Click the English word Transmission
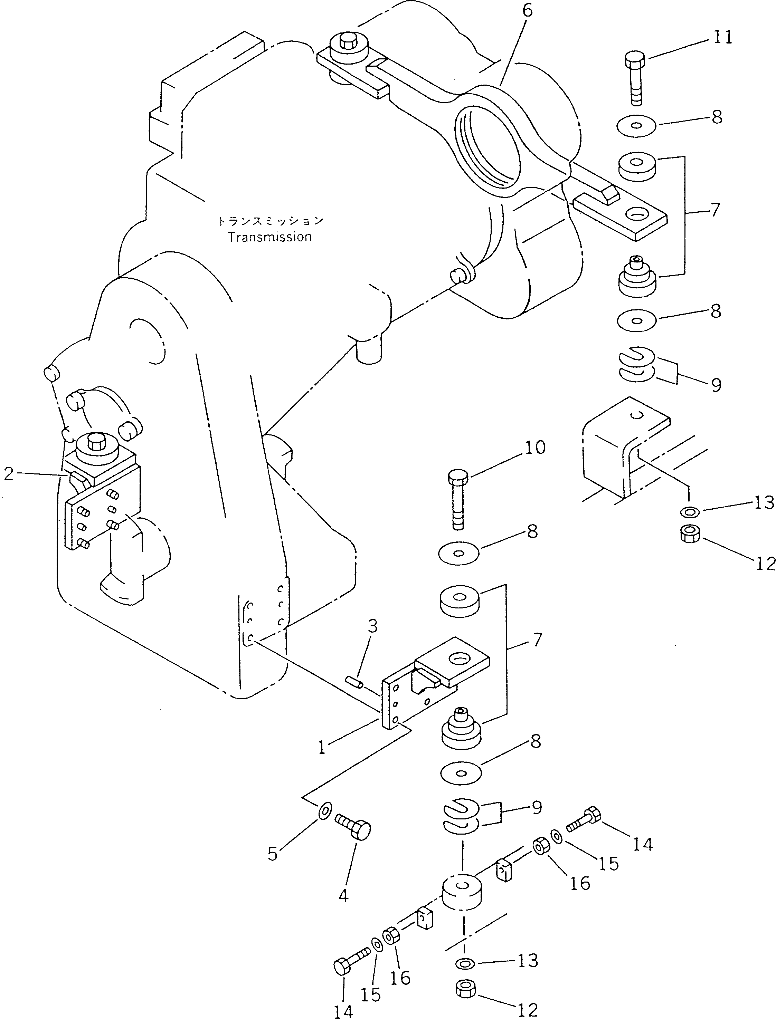click(270, 237)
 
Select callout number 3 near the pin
click(372, 626)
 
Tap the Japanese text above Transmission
click(270, 221)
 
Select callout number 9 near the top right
click(716, 384)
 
